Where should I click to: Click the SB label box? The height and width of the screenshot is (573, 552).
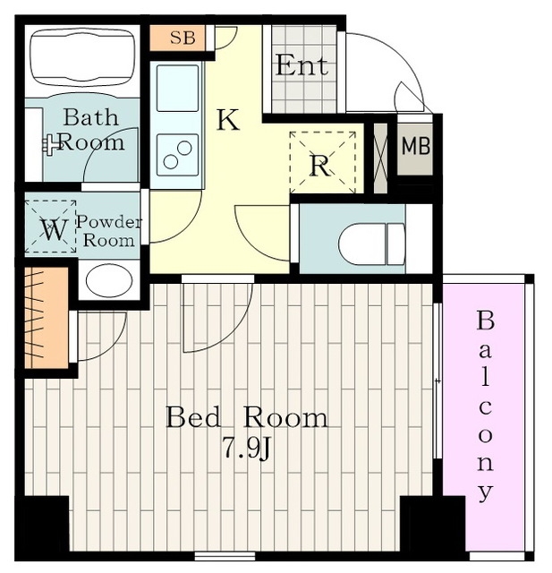tap(177, 38)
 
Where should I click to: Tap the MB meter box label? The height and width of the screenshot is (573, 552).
tap(416, 146)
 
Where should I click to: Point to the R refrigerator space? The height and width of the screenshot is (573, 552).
tap(323, 162)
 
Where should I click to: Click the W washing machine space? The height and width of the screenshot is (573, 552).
tap(50, 227)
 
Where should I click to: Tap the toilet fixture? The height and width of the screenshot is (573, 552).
tap(371, 244)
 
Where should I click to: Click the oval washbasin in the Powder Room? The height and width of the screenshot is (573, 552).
tap(109, 280)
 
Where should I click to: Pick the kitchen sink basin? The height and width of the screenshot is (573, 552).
tap(177, 88)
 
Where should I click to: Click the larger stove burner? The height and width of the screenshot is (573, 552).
tap(184, 148)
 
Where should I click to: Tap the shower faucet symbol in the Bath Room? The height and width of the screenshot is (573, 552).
tap(52, 145)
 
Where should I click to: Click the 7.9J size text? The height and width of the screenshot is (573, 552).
tap(248, 449)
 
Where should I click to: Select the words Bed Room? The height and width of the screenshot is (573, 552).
tap(247, 417)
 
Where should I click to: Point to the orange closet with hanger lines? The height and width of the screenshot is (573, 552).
tap(47, 318)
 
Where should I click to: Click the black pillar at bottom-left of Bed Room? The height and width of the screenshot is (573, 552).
tap(42, 523)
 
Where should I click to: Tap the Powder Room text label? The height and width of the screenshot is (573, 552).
tap(108, 232)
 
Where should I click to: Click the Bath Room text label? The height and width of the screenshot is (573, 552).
tap(91, 130)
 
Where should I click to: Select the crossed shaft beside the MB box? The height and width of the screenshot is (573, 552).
tap(380, 158)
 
